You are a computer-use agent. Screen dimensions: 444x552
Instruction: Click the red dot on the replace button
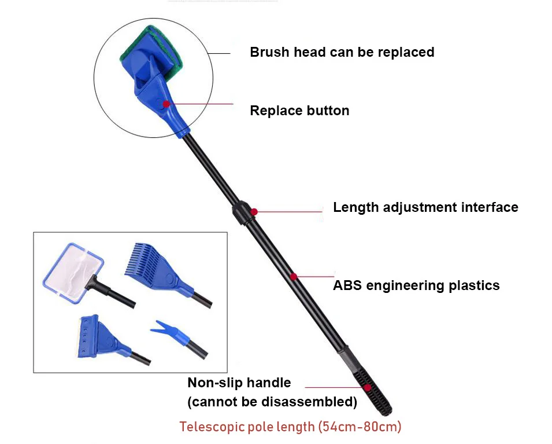click(x=166, y=104)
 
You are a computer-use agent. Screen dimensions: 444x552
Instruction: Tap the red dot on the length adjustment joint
click(x=254, y=212)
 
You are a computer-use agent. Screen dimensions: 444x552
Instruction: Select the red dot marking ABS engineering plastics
click(x=294, y=277)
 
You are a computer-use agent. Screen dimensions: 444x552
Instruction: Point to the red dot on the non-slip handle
click(x=366, y=387)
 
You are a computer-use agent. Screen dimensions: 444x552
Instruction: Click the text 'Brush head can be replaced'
click(x=342, y=52)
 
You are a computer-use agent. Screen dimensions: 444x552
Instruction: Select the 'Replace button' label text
click(x=299, y=111)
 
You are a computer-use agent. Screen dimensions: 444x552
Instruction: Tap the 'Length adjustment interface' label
click(x=425, y=207)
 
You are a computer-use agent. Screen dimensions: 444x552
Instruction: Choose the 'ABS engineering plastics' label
click(x=416, y=285)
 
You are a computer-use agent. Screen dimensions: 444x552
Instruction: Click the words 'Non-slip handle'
click(x=239, y=383)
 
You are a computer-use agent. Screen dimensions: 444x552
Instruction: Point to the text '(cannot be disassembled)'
click(x=272, y=401)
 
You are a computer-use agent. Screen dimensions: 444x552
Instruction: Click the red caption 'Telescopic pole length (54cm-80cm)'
click(x=290, y=427)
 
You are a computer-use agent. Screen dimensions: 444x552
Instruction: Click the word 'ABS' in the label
click(x=347, y=285)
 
